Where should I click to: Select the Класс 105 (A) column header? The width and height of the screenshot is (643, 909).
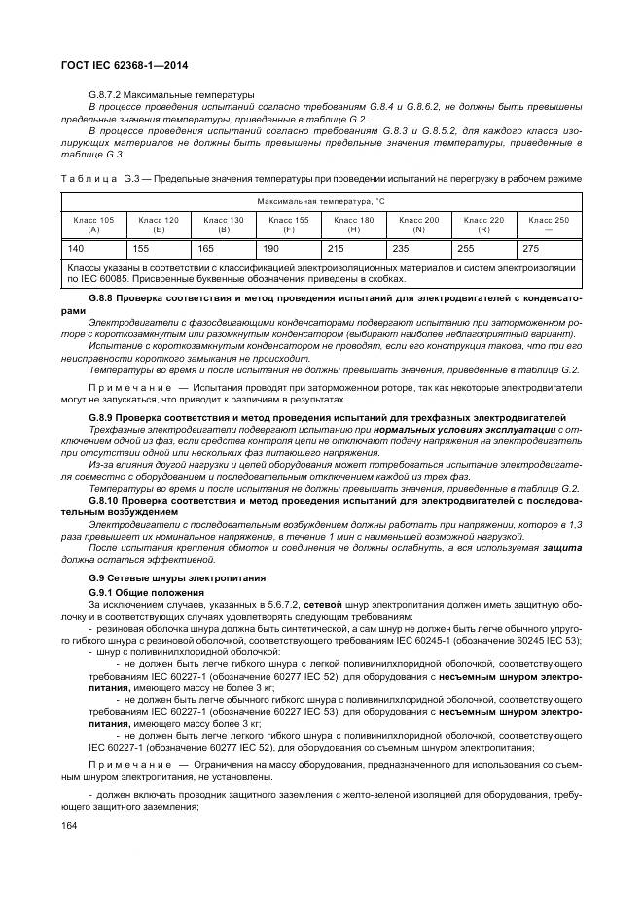[x=93, y=225]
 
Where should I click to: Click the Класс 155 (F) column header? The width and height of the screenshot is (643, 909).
[x=288, y=225]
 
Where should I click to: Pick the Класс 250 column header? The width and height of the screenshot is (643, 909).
[x=549, y=225]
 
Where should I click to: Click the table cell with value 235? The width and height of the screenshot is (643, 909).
[x=401, y=249]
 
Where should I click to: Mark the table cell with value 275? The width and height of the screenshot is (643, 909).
[x=531, y=249]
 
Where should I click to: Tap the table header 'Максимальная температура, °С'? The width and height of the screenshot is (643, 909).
[x=321, y=201]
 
